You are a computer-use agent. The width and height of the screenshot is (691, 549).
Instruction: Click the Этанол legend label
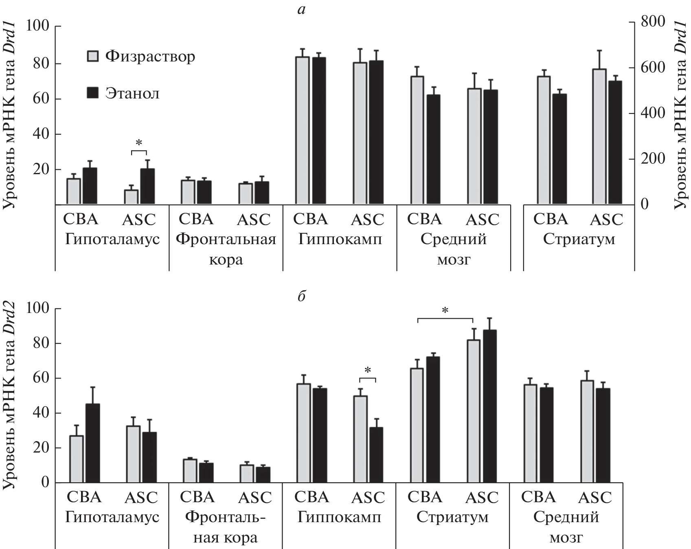tap(132, 94)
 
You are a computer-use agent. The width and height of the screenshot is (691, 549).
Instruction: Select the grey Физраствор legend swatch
tap(93, 56)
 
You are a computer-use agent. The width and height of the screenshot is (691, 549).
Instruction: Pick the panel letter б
tap(301, 296)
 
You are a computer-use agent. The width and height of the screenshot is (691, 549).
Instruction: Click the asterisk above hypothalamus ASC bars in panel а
tap(138, 143)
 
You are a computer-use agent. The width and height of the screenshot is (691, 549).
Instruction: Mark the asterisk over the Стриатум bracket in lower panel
tap(445, 311)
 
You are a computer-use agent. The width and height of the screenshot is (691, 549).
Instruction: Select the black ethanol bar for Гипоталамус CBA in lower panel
tap(92, 443)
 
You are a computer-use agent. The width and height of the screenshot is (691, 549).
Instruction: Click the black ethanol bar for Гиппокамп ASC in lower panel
tap(376, 455)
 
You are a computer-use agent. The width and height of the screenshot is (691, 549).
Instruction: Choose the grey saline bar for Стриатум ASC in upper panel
tap(599, 137)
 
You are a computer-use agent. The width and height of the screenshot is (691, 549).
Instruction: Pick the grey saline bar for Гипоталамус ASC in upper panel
tap(131, 197)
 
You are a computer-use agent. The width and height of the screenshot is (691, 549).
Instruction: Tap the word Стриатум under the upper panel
tap(579, 239)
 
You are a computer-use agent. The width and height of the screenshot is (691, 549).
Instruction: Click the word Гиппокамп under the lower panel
tap(339, 518)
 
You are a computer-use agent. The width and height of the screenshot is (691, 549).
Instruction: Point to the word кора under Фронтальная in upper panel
tap(226, 260)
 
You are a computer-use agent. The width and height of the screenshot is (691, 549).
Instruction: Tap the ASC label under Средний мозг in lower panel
tap(595, 497)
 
